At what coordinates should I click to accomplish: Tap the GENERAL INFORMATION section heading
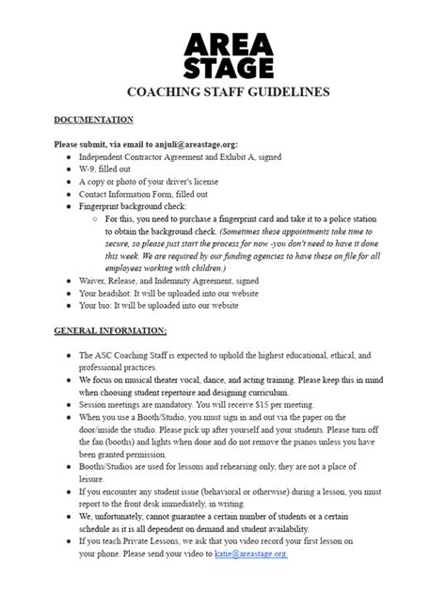click(x=110, y=330)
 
